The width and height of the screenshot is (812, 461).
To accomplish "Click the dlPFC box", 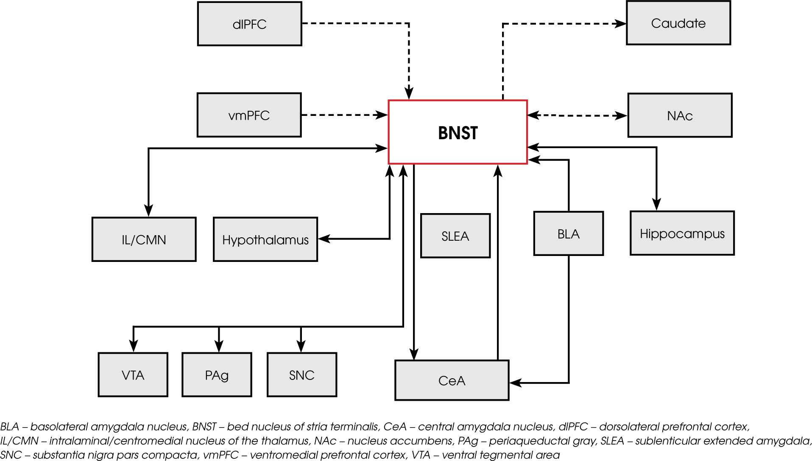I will tap(249, 24).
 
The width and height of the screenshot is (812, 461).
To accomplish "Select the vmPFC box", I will tap(249, 115).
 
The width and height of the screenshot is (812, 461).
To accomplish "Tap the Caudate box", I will tap(678, 23).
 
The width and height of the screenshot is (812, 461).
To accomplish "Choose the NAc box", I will tap(680, 115).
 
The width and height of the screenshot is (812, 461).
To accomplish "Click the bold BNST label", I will tap(458, 133).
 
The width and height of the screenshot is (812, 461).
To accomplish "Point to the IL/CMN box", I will tap(144, 239).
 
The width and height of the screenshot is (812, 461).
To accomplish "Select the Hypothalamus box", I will tap(265, 239).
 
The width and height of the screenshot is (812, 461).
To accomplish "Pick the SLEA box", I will tap(455, 236).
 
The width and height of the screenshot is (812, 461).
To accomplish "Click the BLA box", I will tap(568, 234).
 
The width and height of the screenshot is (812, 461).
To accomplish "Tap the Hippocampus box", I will tap(682, 233).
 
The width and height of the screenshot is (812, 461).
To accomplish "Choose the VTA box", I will tap(133, 375).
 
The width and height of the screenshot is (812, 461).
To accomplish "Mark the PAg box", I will tap(217, 375).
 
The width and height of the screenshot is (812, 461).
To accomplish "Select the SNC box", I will tap(301, 375).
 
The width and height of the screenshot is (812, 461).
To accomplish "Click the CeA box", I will tap(452, 380).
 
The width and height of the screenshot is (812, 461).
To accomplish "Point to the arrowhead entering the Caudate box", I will tap(621, 24).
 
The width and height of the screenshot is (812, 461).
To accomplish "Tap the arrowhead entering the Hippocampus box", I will tap(656, 205).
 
